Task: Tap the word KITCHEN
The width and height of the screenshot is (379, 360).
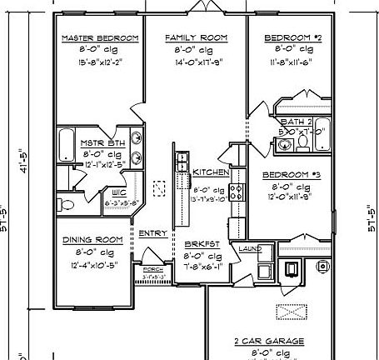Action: click(x=212, y=172)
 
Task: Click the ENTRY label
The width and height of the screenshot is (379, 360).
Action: click(x=152, y=233)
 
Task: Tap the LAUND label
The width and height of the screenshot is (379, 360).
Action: click(x=250, y=249)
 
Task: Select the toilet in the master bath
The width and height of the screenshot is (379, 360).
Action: click(x=62, y=202)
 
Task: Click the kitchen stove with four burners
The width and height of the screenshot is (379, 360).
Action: click(x=236, y=191)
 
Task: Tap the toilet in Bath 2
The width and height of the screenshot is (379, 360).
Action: click(x=304, y=144)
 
